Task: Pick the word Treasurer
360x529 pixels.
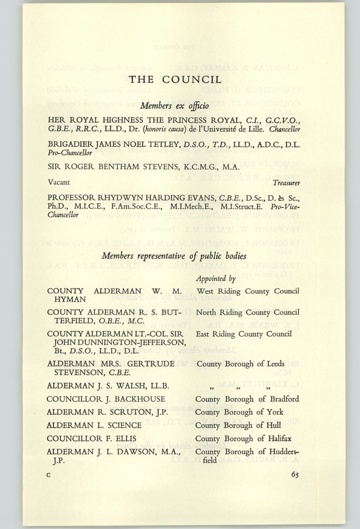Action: (x=286, y=184)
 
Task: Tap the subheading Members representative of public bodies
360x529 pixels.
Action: (x=174, y=256)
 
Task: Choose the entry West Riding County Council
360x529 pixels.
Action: (x=248, y=290)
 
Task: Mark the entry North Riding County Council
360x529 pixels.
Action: (x=248, y=312)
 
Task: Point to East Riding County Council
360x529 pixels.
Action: (x=244, y=334)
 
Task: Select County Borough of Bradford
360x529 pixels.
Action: (x=248, y=400)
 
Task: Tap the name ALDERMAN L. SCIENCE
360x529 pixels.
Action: (x=94, y=425)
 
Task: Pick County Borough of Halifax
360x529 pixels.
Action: (x=244, y=438)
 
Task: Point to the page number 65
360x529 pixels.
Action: (x=294, y=476)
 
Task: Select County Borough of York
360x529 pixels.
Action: (x=239, y=413)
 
